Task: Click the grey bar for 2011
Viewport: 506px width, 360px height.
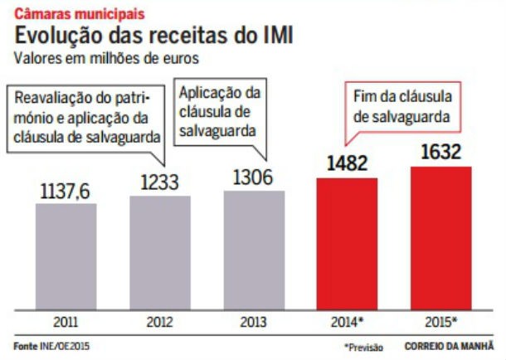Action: pyautogui.click(x=66, y=255)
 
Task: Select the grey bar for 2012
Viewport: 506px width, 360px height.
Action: pyautogui.click(x=159, y=252)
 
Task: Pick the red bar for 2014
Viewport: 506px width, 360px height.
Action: pyautogui.click(x=347, y=242)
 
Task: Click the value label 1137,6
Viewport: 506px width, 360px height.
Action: pyautogui.click(x=66, y=191)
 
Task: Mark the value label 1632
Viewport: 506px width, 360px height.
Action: pyautogui.click(x=440, y=153)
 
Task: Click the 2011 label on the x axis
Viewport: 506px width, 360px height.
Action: pyautogui.click(x=66, y=320)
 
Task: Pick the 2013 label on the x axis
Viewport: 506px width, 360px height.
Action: pyautogui.click(x=253, y=320)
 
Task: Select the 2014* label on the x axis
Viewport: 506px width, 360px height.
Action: pyautogui.click(x=348, y=320)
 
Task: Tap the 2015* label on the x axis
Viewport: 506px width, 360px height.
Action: pyautogui.click(x=442, y=320)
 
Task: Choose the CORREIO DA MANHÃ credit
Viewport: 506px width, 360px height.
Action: pyautogui.click(x=449, y=346)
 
